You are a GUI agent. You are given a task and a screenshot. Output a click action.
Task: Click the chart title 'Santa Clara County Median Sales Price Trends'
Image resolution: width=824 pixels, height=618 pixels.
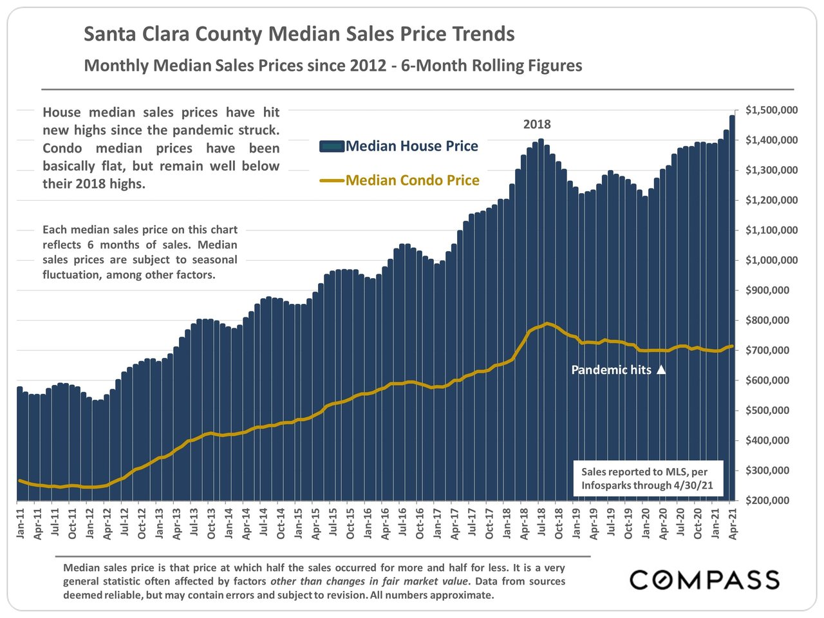click(299, 34)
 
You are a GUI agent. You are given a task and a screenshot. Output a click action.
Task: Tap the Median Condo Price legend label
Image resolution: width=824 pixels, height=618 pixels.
click(412, 180)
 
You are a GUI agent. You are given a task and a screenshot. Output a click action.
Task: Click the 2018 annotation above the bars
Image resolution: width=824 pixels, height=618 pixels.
click(537, 124)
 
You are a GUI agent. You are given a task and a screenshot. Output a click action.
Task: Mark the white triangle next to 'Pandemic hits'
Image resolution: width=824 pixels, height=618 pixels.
click(660, 370)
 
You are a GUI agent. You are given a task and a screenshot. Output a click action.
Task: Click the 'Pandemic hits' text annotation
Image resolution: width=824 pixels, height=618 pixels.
click(611, 370)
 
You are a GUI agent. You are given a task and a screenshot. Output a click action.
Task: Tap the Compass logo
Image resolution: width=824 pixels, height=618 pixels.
click(704, 579)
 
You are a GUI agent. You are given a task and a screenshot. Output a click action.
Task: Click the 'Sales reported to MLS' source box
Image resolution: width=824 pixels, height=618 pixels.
click(648, 478)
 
